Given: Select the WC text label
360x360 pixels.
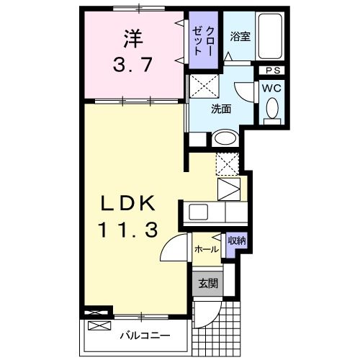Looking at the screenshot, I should tap(271, 87).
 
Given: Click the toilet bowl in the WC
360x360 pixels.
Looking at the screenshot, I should tap(271, 109).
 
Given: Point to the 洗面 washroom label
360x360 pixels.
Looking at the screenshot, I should tap(221, 109).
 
